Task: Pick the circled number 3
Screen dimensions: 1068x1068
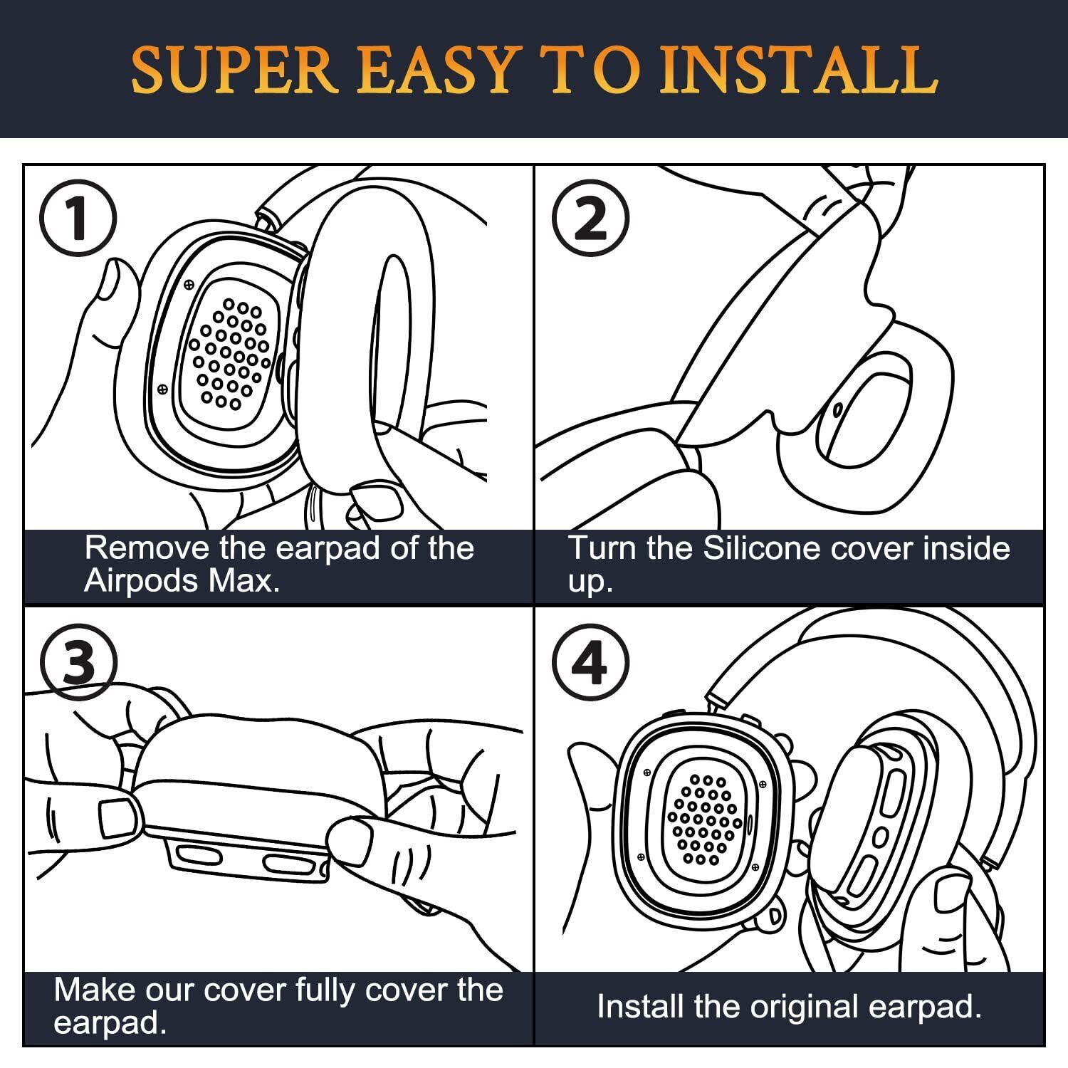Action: click(78, 663)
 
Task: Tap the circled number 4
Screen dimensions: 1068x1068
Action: click(590, 663)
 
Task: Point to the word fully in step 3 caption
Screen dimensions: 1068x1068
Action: click(334, 990)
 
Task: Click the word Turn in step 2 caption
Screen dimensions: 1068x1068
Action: click(600, 548)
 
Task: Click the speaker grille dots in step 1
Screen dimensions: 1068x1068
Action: click(229, 353)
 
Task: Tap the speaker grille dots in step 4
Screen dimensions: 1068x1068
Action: click(703, 819)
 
